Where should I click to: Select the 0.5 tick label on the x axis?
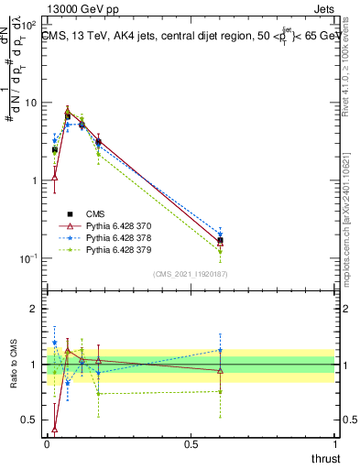[x=191, y=444]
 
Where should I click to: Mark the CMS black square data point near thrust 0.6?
[x=220, y=241]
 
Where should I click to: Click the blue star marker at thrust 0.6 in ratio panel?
[x=220, y=350]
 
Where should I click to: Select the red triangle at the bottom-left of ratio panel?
[x=55, y=428]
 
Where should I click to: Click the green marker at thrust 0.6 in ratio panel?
[x=220, y=391]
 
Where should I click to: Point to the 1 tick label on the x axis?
[x=335, y=444]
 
